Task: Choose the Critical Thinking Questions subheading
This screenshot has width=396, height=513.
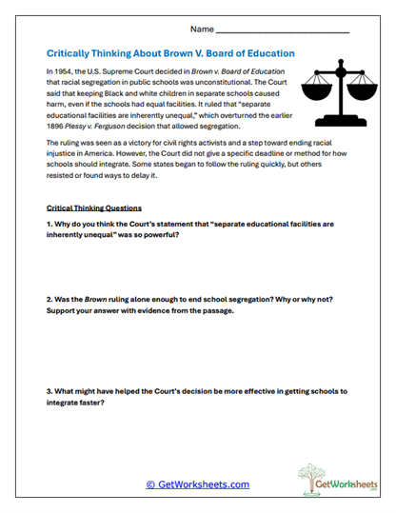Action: (93, 207)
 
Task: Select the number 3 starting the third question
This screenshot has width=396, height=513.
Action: (49, 391)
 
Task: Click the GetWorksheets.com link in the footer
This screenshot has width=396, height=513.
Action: (197, 484)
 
